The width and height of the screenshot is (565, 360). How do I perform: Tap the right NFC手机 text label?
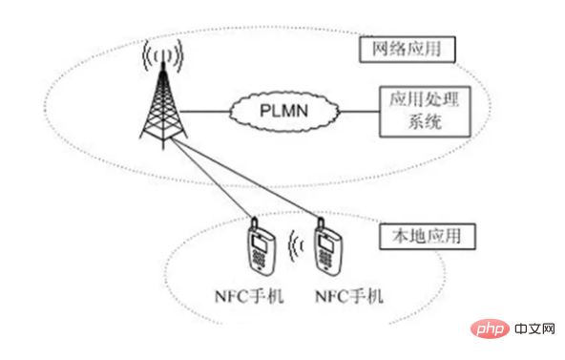tap(348, 296)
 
